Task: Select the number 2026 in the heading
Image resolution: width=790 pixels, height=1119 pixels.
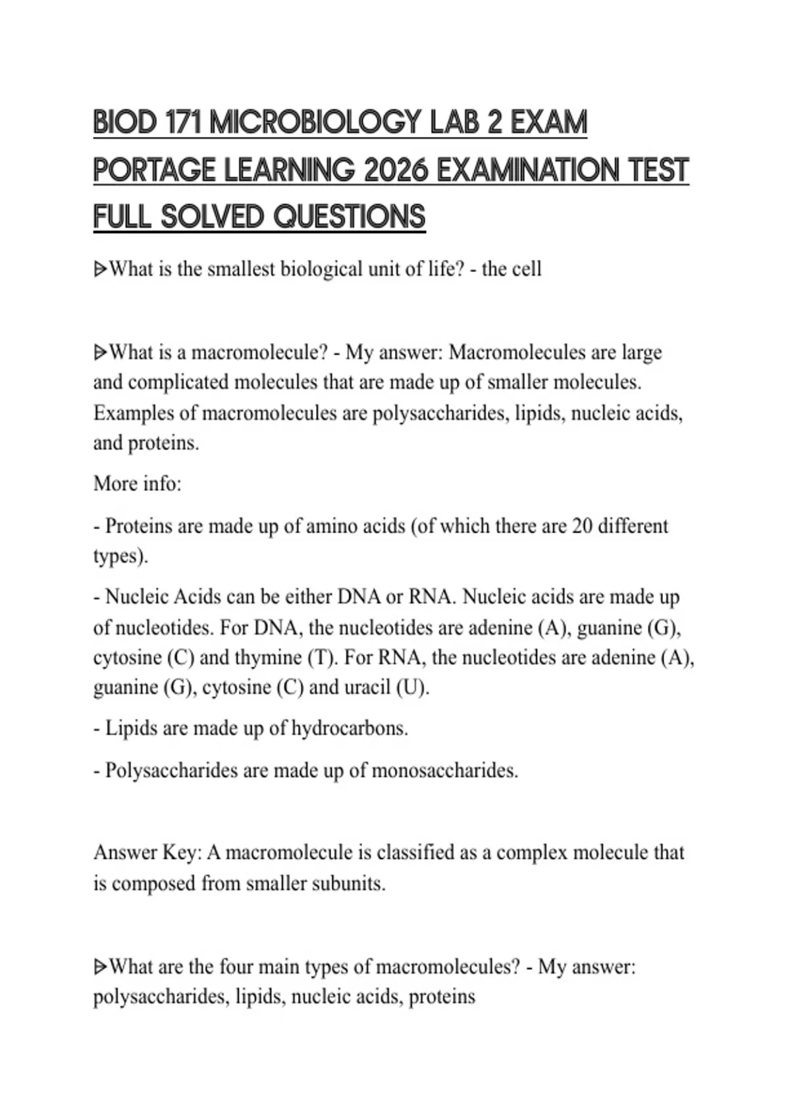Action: point(394,170)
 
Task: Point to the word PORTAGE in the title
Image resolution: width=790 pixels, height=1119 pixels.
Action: point(154,170)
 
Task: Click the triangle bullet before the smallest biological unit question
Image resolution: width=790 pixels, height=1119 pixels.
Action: point(100,269)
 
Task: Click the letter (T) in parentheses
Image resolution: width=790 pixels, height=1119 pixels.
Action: point(323,658)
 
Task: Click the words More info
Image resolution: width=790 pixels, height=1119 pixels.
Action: point(137,484)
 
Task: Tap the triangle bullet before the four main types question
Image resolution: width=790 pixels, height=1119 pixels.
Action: point(100,967)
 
